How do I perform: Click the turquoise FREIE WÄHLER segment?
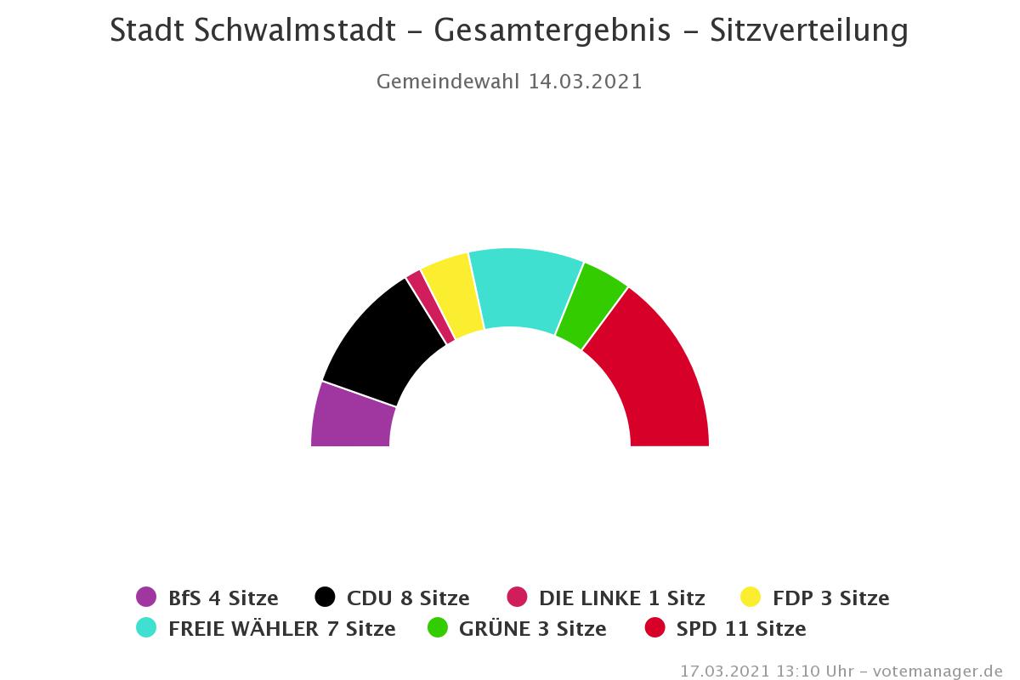pyautogui.click(x=523, y=287)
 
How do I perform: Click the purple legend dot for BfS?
pyautogui.click(x=146, y=598)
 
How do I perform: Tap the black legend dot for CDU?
pyautogui.click(x=325, y=598)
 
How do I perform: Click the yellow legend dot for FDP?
pyautogui.click(x=751, y=598)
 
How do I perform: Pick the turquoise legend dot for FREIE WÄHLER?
pyautogui.click(x=146, y=628)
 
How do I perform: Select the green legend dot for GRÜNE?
pyautogui.click(x=438, y=628)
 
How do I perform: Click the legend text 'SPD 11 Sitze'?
pyautogui.click(x=741, y=629)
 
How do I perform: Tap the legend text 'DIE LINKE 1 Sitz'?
pyautogui.click(x=621, y=598)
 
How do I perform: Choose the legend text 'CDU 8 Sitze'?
pyautogui.click(x=408, y=598)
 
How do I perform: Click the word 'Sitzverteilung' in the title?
pyautogui.click(x=808, y=31)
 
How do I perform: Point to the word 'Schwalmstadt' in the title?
pyautogui.click(x=295, y=31)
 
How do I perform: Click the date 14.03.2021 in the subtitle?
pyautogui.click(x=585, y=82)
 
